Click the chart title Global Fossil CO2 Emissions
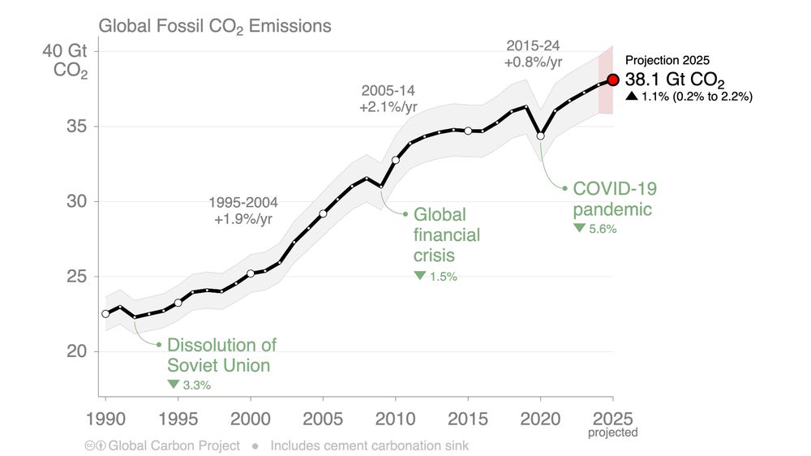click(x=215, y=26)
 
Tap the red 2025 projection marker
click(x=613, y=80)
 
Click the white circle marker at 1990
click(x=105, y=314)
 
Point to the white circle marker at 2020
click(x=541, y=136)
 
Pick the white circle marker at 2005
click(x=323, y=213)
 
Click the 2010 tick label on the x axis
click(x=395, y=421)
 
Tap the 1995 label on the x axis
click(x=178, y=421)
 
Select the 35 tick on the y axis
click(x=79, y=127)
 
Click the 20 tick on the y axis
click(x=79, y=352)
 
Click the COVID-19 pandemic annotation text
click(x=614, y=199)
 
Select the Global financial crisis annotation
click(x=446, y=235)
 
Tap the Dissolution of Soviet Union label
click(x=221, y=355)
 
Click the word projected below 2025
click(x=613, y=433)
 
